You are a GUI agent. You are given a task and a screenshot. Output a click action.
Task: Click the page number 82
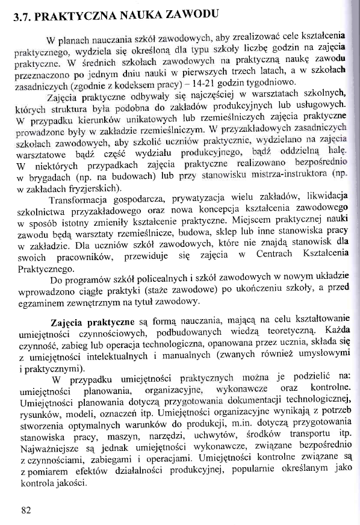coord(25,511)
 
